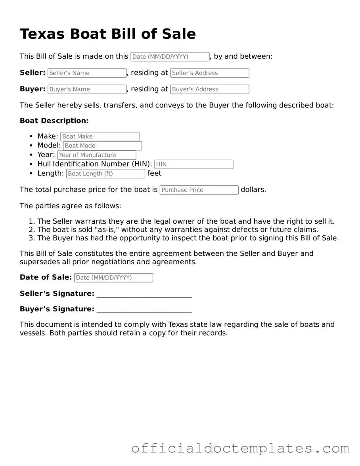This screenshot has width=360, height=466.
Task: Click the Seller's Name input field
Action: pos(87,73)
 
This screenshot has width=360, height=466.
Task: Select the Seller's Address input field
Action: pos(209,73)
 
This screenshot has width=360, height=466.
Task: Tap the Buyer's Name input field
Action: pos(87,89)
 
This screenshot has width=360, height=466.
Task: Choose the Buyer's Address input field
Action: pos(209,89)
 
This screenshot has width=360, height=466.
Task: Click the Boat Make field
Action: pos(100,136)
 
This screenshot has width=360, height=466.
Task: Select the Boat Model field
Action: pos(102,146)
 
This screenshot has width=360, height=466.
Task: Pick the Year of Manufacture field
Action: pos(96,155)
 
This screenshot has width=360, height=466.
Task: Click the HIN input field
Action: pos(193,164)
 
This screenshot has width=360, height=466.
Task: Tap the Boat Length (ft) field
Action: pos(105,173)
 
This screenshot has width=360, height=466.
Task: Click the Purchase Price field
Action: pos(199,190)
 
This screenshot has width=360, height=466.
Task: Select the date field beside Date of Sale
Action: pos(113,278)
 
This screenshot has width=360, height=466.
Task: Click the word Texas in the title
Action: pos(42,34)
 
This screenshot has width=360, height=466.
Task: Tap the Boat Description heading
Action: pos(54,121)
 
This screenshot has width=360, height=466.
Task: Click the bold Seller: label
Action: pos(33,73)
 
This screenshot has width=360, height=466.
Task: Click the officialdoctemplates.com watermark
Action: pos(240,449)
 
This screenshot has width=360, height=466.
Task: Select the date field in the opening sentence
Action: pos(170,57)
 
